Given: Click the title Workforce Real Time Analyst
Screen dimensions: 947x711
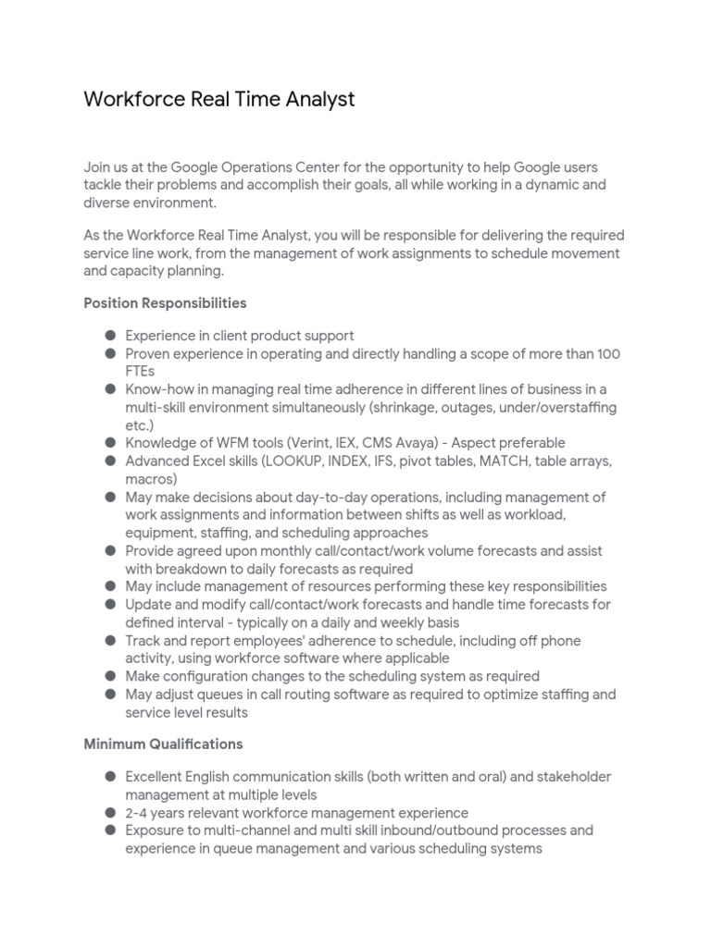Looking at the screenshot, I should (x=219, y=99).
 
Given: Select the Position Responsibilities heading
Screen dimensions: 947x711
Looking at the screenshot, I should (x=165, y=302).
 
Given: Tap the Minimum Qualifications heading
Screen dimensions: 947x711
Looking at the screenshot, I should (x=163, y=744).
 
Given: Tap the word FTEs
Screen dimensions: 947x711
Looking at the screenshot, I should (x=141, y=372).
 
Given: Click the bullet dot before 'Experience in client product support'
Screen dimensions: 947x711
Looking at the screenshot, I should (x=110, y=337).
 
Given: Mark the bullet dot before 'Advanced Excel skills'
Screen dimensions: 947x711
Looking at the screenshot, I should (x=110, y=461).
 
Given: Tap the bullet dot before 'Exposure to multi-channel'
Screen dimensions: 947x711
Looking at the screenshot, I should (x=110, y=830).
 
